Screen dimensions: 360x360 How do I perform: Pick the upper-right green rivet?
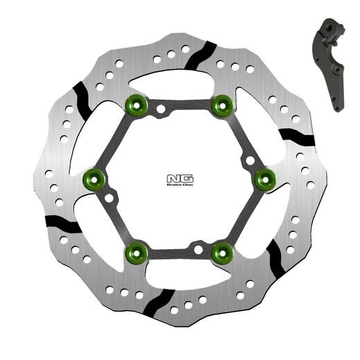(x=222, y=105)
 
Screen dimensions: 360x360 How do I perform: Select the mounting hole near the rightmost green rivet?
(x=250, y=161)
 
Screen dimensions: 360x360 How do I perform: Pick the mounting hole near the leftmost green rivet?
(x=109, y=198)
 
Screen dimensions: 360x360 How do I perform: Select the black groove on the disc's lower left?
(x=62, y=223)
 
